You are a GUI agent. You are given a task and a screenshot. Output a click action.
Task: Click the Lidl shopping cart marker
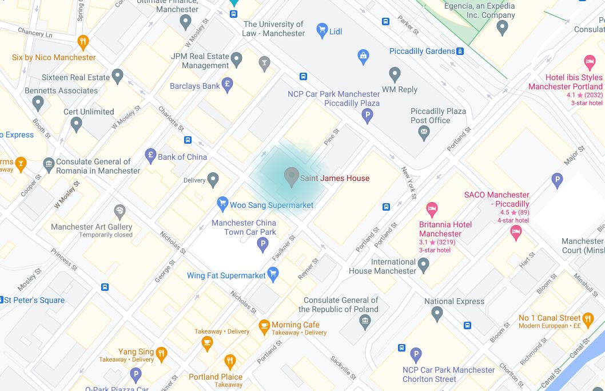[322, 30]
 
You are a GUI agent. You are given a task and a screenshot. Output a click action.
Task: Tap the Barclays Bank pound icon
[227, 85]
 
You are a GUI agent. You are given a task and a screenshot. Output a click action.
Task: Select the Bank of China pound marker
[151, 155]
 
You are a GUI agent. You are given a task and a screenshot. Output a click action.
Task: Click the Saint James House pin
[292, 177]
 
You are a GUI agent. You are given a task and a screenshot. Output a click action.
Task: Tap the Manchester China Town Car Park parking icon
[262, 245]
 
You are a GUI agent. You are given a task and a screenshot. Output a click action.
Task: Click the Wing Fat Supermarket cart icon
[273, 275]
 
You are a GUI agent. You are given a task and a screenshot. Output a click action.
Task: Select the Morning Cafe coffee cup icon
[264, 326]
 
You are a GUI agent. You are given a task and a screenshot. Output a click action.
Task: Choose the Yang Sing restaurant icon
[162, 353]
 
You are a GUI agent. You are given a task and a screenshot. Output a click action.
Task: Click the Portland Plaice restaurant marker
[230, 361]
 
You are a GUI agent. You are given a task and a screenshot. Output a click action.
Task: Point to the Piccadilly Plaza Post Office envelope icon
[424, 133]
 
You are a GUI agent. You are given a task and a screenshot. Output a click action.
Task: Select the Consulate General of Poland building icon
[365, 322]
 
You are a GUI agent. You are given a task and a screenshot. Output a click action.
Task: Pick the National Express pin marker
[437, 314]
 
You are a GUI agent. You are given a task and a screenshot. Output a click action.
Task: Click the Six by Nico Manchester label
[54, 57]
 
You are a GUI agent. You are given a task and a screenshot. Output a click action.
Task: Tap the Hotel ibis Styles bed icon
[590, 62]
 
